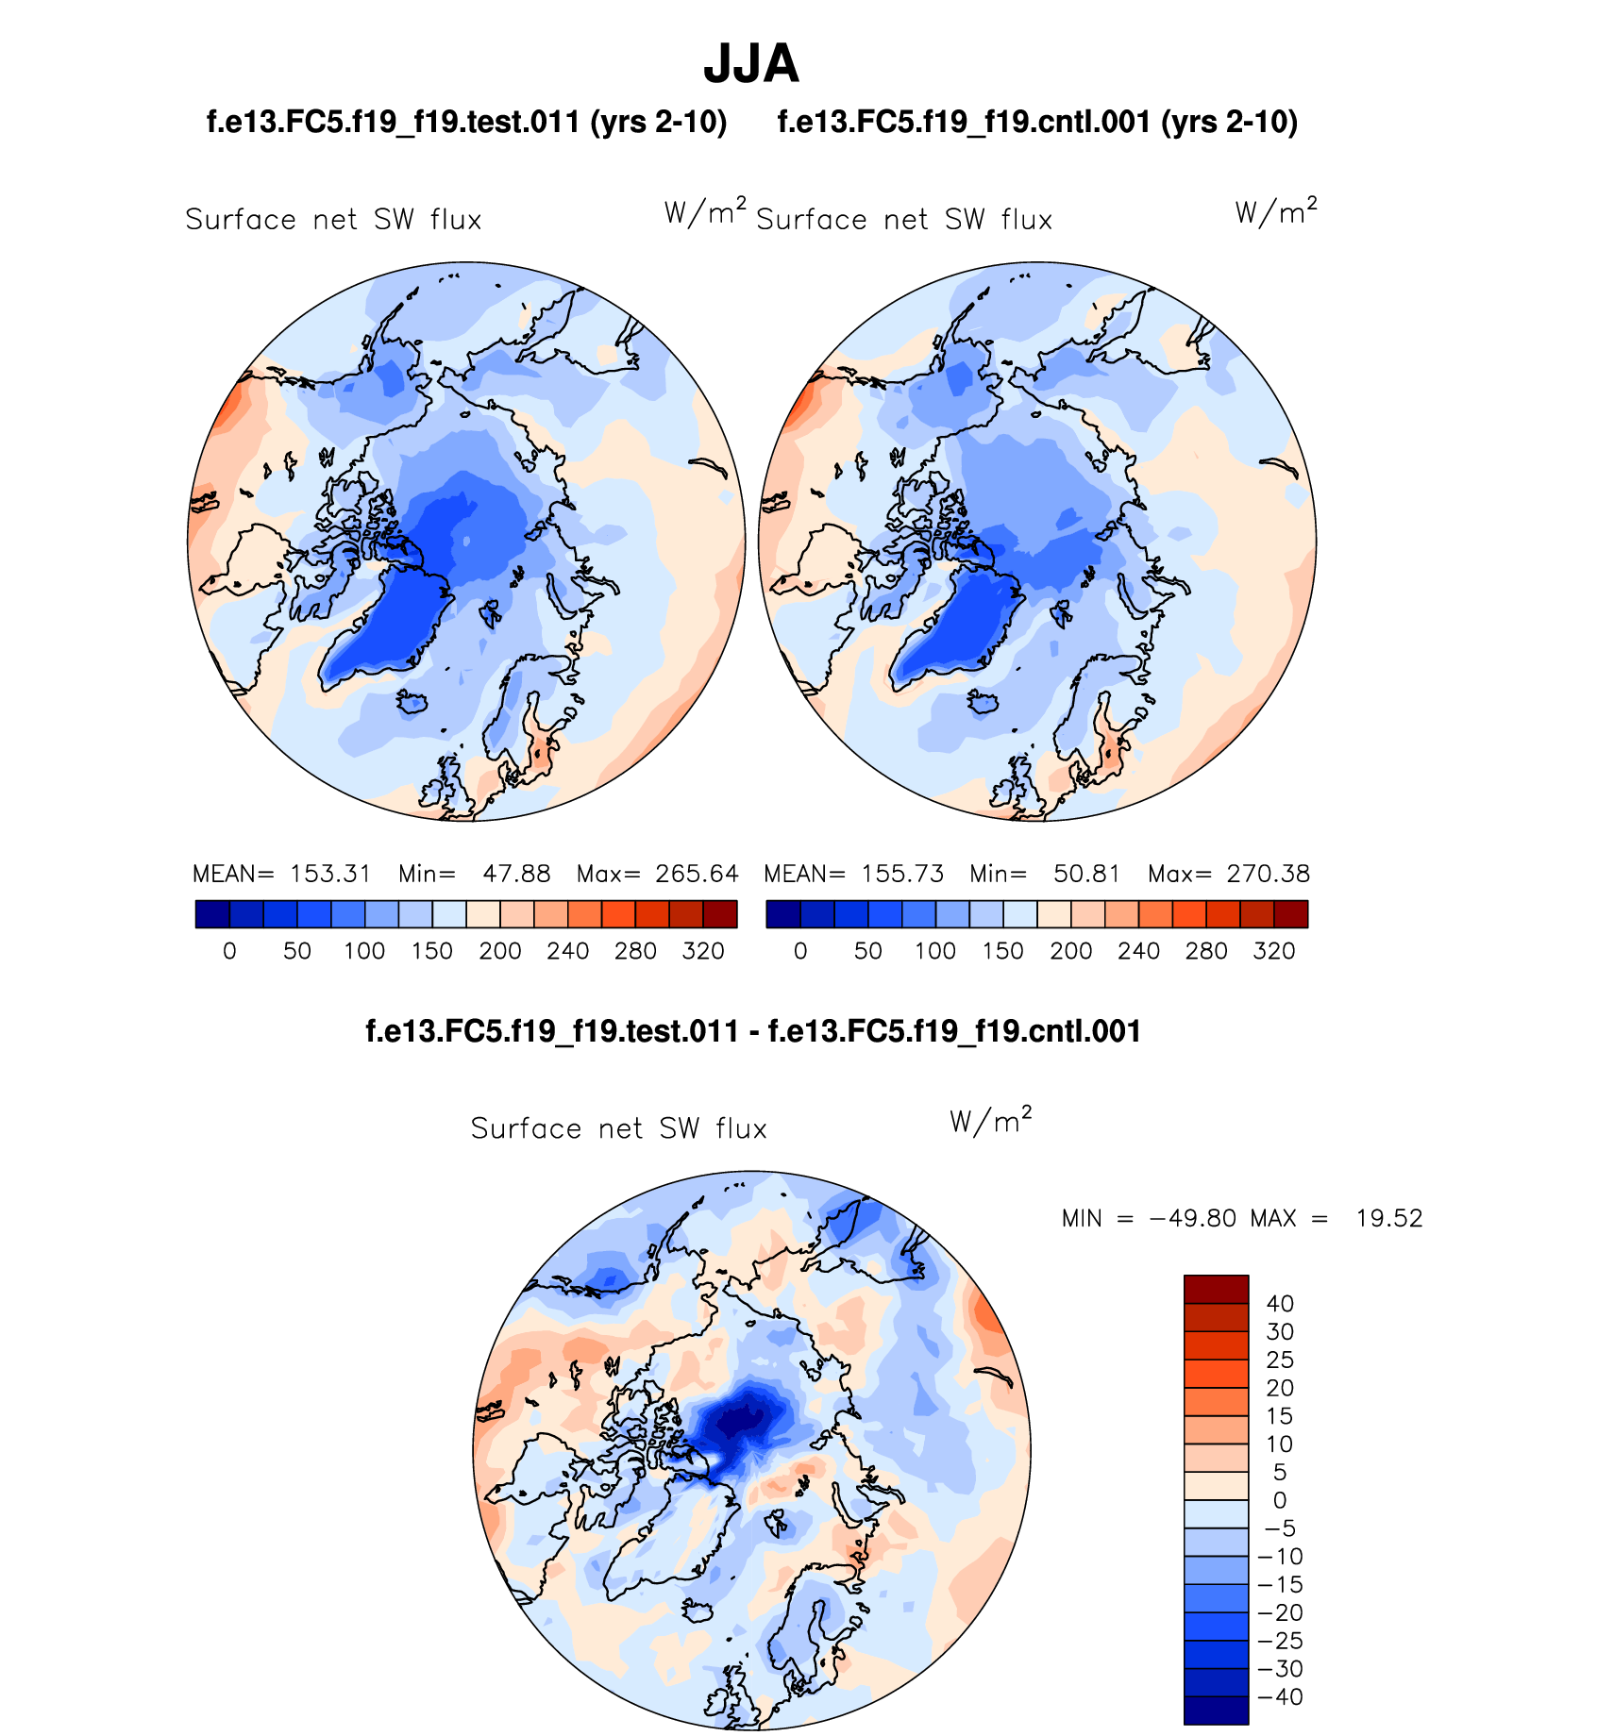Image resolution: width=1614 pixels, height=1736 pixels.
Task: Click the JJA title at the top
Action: click(x=751, y=64)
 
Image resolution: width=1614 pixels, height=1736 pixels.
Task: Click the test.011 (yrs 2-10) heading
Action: click(x=466, y=123)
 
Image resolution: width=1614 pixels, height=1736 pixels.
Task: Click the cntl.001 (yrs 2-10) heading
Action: click(x=1037, y=123)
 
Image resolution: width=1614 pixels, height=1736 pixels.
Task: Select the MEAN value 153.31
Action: click(x=330, y=874)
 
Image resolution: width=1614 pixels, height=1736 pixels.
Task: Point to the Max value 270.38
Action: click(x=1269, y=874)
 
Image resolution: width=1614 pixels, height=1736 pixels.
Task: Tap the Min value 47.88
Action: click(x=516, y=874)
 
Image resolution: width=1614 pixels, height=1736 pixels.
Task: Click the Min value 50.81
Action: click(x=1086, y=874)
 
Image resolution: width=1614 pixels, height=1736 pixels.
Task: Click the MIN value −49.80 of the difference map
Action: click(x=1192, y=1218)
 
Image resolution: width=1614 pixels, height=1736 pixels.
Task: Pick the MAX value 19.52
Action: click(x=1388, y=1218)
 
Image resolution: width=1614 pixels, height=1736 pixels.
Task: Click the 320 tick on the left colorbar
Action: click(x=703, y=951)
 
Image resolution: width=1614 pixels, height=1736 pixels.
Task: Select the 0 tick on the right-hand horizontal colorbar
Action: click(x=800, y=951)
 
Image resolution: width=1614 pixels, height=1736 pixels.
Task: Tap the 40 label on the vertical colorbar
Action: click(x=1280, y=1304)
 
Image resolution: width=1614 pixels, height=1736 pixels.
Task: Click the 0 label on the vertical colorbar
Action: click(x=1280, y=1500)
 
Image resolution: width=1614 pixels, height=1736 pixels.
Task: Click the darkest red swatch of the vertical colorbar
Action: click(x=1216, y=1289)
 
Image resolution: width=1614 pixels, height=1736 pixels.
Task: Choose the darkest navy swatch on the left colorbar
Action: click(x=212, y=914)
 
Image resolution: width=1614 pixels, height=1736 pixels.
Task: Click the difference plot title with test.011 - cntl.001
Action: click(x=753, y=1031)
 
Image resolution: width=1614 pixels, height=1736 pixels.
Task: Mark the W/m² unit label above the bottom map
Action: click(x=990, y=1121)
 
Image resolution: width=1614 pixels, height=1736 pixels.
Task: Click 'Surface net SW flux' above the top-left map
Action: click(x=333, y=220)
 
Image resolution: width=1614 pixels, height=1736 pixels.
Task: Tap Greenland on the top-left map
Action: click(x=387, y=623)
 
